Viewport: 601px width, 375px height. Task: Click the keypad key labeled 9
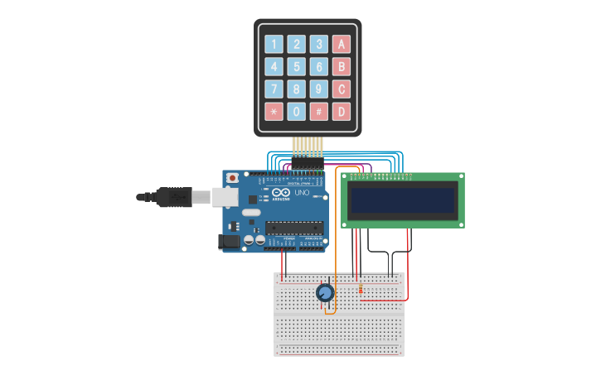pos(319,89)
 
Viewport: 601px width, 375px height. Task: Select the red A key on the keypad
pos(342,45)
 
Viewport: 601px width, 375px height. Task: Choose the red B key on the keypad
pos(342,67)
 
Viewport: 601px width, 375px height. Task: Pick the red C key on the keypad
pos(342,89)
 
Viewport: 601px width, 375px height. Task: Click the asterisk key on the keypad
pos(274,112)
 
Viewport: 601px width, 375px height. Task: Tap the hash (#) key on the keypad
pos(319,112)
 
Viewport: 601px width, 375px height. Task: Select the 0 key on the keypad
pos(297,112)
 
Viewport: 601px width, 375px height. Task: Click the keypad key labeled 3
pos(319,45)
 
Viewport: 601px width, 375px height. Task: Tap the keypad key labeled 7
pos(274,89)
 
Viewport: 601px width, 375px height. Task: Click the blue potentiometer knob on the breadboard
pos(325,292)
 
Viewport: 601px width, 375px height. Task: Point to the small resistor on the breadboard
pos(361,289)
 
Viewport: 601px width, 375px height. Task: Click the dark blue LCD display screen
pos(403,200)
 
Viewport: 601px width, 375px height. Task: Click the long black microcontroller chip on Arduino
pos(293,228)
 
